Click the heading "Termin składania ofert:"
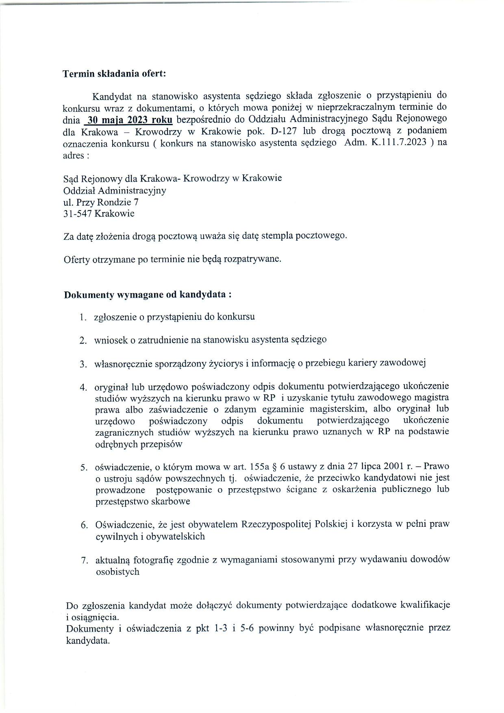[114, 74]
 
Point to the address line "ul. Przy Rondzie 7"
[101, 202]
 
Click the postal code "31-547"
[78, 214]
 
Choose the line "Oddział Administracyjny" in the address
[115, 190]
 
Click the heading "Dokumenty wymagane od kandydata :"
[148, 295]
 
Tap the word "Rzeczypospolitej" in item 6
[277, 525]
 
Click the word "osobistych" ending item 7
[117, 572]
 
